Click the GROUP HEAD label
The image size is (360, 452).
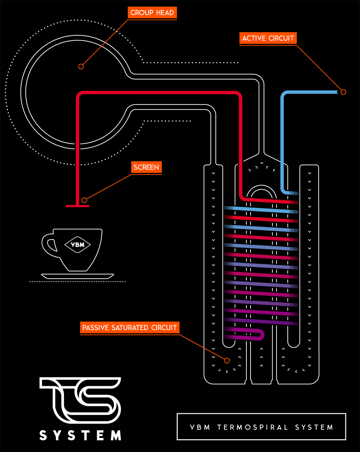click(152, 13)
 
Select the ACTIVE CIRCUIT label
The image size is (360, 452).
click(268, 38)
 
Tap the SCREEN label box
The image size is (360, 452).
click(146, 168)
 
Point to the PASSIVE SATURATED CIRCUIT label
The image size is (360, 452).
click(129, 328)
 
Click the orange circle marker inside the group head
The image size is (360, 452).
click(81, 67)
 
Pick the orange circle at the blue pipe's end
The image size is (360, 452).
click(343, 92)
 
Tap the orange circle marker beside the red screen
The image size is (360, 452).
click(84, 200)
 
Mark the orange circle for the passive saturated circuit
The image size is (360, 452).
click(227, 360)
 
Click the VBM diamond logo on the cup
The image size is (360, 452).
click(78, 245)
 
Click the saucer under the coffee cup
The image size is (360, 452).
click(78, 276)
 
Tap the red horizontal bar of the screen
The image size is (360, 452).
click(78, 206)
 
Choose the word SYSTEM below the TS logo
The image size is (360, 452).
click(80, 435)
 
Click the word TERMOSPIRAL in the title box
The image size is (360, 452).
click(252, 427)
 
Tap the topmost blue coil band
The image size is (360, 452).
click(261, 210)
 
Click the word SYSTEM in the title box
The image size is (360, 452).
click(314, 427)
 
